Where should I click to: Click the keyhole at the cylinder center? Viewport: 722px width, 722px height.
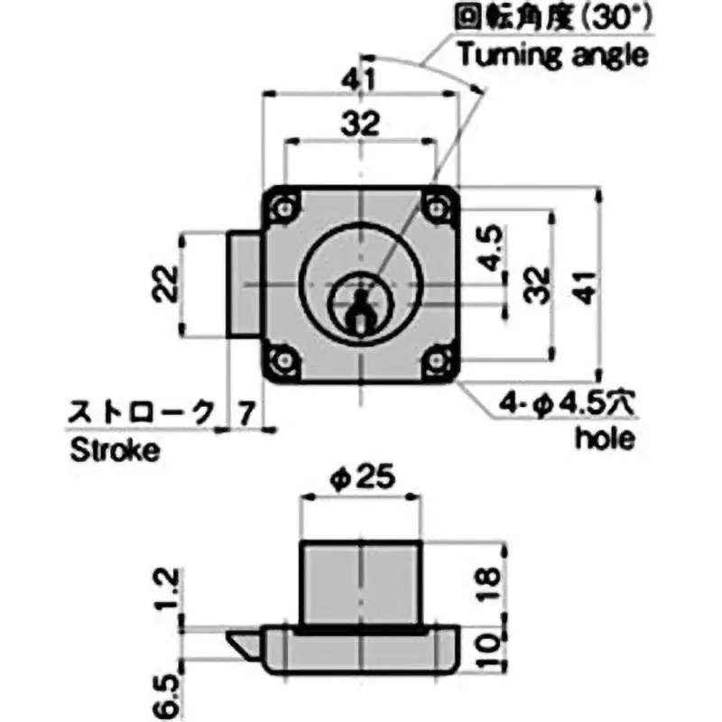click(360, 308)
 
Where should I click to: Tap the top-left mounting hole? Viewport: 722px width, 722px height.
click(285, 207)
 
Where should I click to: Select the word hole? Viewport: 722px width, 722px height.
click(604, 440)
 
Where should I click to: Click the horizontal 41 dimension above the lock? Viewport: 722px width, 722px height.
click(360, 79)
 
